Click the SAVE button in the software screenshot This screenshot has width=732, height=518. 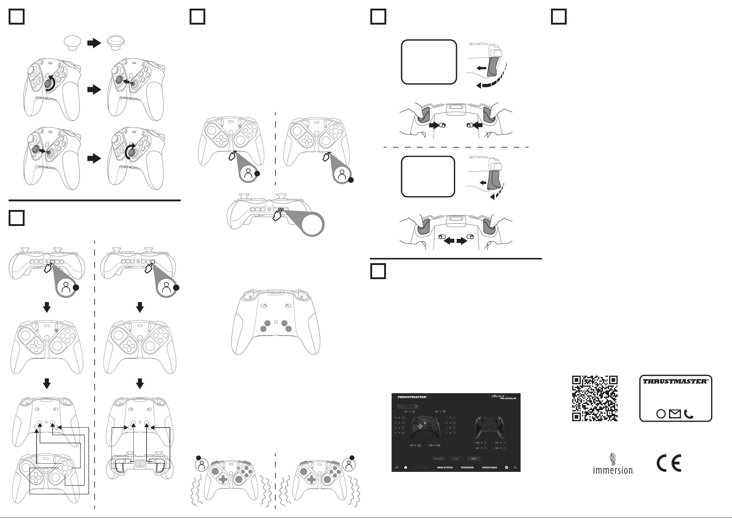pos(474,459)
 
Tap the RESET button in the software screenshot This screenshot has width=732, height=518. pos(456,459)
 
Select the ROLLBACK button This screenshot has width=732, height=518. pos(439,459)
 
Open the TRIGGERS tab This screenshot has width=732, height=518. pos(467,468)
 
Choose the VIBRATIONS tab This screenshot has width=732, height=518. pos(489,468)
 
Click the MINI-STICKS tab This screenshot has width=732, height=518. pos(445,468)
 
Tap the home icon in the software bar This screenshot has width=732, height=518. pos(406,468)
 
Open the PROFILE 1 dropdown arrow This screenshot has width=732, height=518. pos(416,406)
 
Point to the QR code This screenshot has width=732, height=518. pos(595,398)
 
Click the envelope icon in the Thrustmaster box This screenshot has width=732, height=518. pos(675,414)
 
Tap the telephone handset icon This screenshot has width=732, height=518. pos(689,414)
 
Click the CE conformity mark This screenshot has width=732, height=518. pos(669,463)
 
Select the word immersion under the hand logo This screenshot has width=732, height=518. pos(613,470)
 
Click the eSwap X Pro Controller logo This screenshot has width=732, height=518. pos(503,397)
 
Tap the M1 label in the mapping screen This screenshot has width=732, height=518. pos(497,443)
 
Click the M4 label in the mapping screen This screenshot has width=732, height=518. pos(477,448)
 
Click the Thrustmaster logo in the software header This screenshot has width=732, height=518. pos(412,397)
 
